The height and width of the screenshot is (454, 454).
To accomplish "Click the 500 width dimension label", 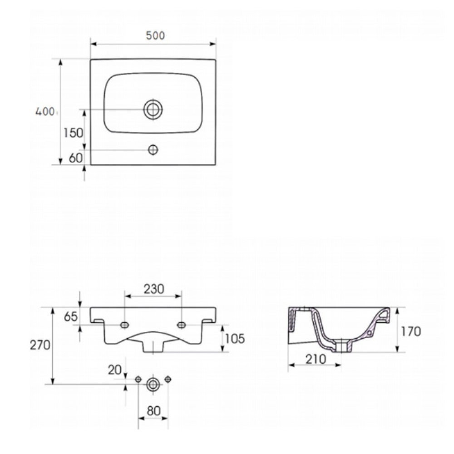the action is click(x=155, y=35).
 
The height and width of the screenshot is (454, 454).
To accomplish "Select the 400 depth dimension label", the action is click(x=45, y=112).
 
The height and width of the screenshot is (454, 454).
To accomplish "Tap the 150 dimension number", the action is click(x=73, y=133).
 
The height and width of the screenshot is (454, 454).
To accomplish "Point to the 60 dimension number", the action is click(x=76, y=158).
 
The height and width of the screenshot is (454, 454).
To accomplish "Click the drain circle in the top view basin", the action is click(x=153, y=109).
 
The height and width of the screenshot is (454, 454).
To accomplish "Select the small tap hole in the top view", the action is click(x=153, y=150).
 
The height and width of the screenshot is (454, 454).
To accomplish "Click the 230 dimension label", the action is click(x=154, y=289).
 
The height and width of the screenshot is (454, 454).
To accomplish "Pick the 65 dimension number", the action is click(x=71, y=316).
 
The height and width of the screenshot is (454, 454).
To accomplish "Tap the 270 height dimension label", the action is click(x=40, y=345).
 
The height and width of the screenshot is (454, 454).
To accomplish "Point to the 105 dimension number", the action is click(x=235, y=339).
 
